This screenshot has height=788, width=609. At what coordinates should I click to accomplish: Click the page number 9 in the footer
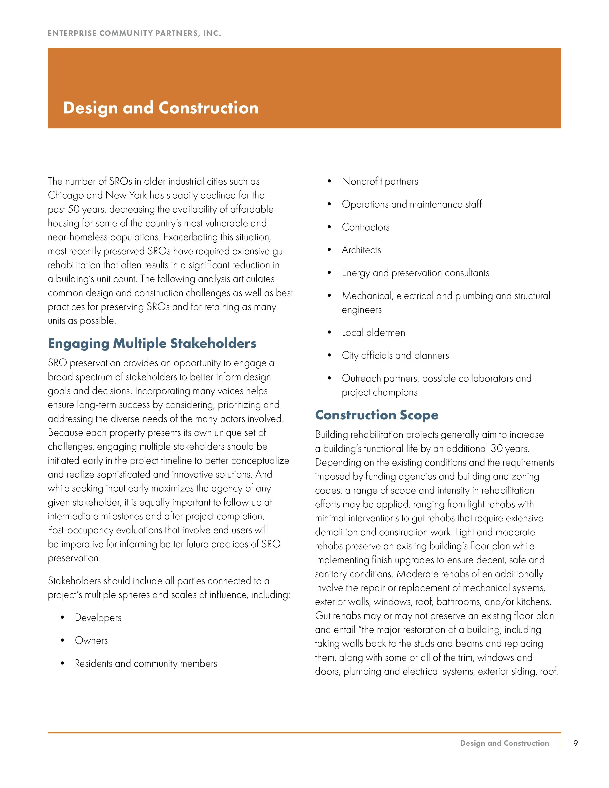click(x=575, y=743)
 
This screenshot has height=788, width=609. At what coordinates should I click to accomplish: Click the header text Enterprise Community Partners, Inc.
click(x=134, y=33)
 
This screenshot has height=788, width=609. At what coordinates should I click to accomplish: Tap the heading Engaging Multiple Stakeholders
click(x=152, y=343)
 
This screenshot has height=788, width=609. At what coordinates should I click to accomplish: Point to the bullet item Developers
click(x=98, y=618)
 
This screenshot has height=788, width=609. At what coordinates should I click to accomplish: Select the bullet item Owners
click(x=91, y=640)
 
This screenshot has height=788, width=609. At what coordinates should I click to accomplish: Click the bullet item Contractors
click(x=365, y=227)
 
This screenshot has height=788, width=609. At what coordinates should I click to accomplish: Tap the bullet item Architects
click(x=361, y=250)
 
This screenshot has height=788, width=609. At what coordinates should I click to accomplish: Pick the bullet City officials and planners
click(x=395, y=355)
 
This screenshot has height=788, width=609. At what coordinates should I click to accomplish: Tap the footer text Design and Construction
click(x=504, y=743)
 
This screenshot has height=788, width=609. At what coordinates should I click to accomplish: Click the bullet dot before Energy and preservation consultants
click(x=329, y=273)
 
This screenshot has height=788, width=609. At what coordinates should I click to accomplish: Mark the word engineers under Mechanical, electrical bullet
click(x=361, y=310)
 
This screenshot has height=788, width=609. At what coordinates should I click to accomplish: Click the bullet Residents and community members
click(x=146, y=664)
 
